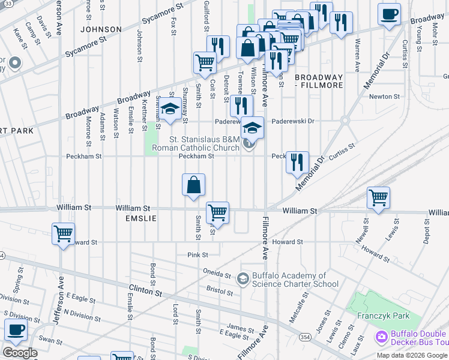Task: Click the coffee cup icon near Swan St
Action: (x=16, y=329)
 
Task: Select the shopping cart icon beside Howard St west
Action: (x=63, y=233)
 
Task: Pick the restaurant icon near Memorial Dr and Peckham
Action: (x=297, y=161)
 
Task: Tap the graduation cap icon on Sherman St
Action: (x=170, y=109)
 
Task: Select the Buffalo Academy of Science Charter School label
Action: (x=295, y=280)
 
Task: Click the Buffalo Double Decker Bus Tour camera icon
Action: (x=381, y=338)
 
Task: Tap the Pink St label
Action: (x=197, y=255)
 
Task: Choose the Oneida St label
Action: (x=218, y=271)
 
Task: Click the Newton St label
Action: (x=385, y=96)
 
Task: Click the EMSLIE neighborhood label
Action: (x=140, y=219)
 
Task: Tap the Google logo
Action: (x=19, y=353)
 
